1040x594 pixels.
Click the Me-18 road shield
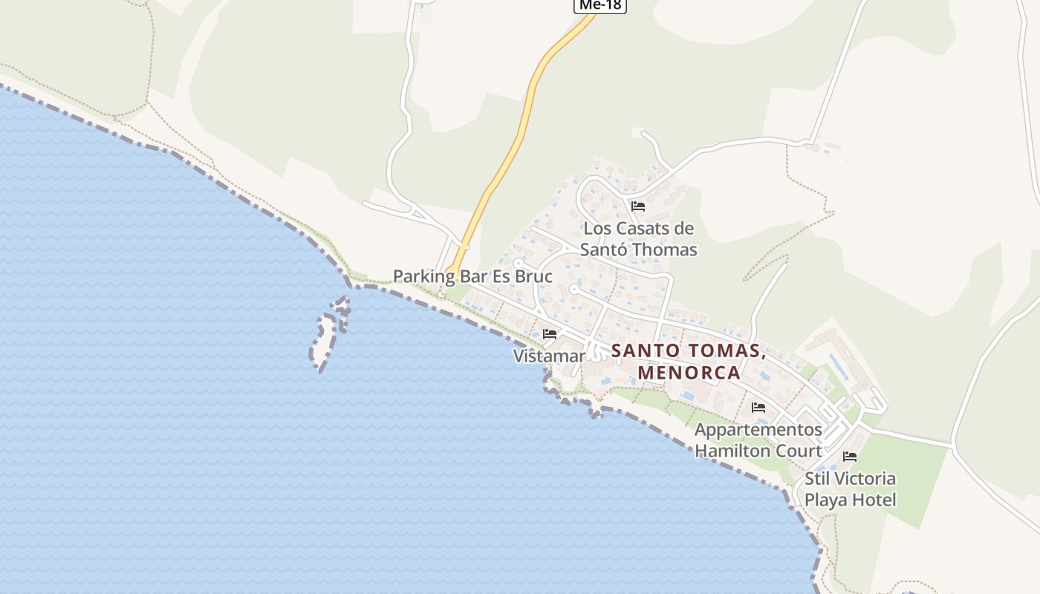pos(600,5)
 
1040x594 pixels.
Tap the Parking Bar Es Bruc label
pos(472,277)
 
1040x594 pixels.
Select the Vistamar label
pos(549,356)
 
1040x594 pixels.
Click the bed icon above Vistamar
pos(550,334)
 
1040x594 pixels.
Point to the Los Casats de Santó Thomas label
pos(638,238)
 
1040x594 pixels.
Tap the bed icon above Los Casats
pos(637,206)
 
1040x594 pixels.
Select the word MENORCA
pos(689,372)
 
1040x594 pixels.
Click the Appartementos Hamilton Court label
pos(758,440)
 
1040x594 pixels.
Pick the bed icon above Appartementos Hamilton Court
pos(758,408)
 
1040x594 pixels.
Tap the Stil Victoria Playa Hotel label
pos(850,489)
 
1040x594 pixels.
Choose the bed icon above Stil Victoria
pos(850,457)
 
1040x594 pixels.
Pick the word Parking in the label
pos(423,277)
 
